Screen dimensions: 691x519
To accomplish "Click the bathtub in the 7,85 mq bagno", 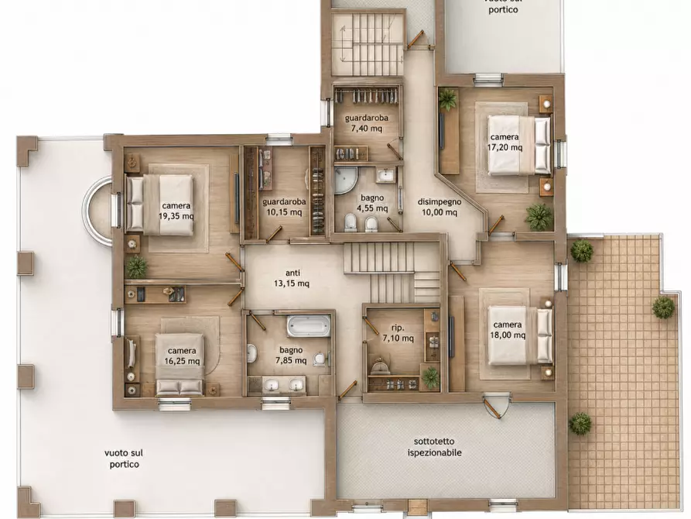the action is pyautogui.click(x=308, y=326).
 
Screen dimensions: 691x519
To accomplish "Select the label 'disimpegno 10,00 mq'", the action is pyautogui.click(x=440, y=207).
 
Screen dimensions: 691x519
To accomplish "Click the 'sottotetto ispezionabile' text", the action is pyautogui.click(x=435, y=447).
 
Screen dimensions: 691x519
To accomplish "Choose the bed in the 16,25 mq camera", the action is pyautogui.click(x=180, y=365).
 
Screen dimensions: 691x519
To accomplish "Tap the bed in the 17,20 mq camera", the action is pyautogui.click(x=519, y=145).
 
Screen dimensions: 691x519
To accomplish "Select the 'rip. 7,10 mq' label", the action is pyautogui.click(x=398, y=333).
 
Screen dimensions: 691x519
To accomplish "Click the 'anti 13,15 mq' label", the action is pyautogui.click(x=292, y=278).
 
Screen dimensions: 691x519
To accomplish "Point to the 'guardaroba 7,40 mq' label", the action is pyautogui.click(x=367, y=123).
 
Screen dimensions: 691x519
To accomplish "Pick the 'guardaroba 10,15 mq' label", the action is pyautogui.click(x=284, y=207).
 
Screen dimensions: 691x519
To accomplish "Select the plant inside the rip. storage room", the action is pyautogui.click(x=430, y=377).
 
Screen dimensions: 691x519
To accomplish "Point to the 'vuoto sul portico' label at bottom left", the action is pyautogui.click(x=125, y=459).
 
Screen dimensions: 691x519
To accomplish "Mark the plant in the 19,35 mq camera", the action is pyautogui.click(x=136, y=266).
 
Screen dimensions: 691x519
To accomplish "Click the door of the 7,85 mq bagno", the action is pyautogui.click(x=256, y=320).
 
